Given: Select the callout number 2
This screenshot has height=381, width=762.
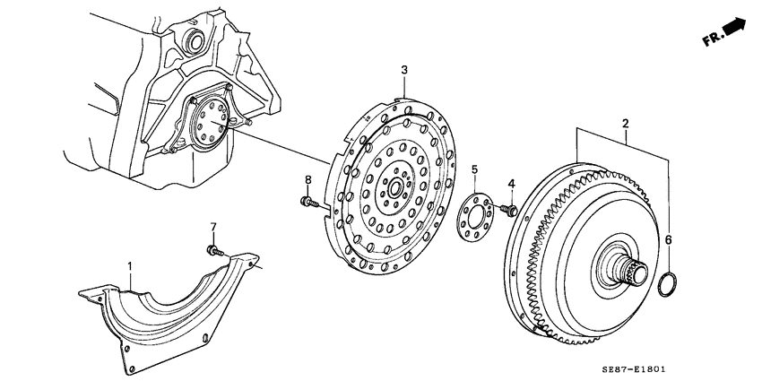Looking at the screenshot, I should coord(625,123).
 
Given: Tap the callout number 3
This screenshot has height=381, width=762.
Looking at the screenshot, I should coord(403,70).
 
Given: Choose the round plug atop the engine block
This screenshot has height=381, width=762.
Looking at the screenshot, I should coord(191,40).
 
